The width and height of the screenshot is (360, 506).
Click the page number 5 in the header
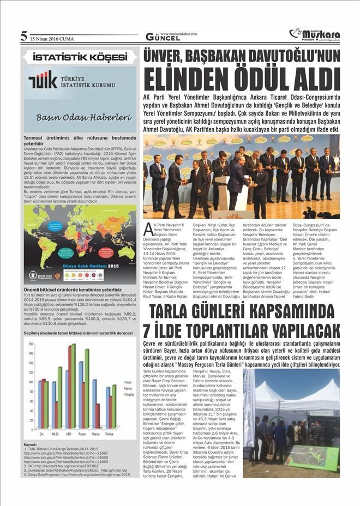tap(23, 37)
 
